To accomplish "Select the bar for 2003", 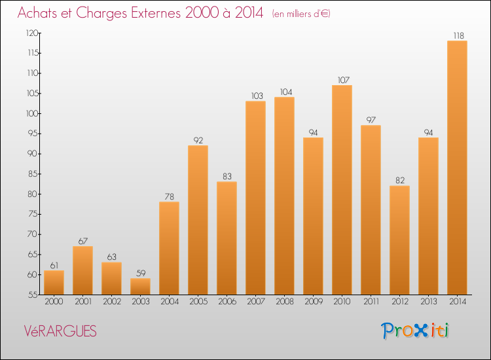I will point(140,286).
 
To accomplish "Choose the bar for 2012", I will point(399,240).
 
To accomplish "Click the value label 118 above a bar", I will point(457,35).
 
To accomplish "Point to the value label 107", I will point(342,80).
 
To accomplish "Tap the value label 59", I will point(140,273).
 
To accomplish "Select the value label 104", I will point(284,92).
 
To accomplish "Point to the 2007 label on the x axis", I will point(255,302).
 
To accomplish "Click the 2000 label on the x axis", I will point(54,302).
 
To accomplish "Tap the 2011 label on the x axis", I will point(371,302).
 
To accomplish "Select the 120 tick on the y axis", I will point(30,33).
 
